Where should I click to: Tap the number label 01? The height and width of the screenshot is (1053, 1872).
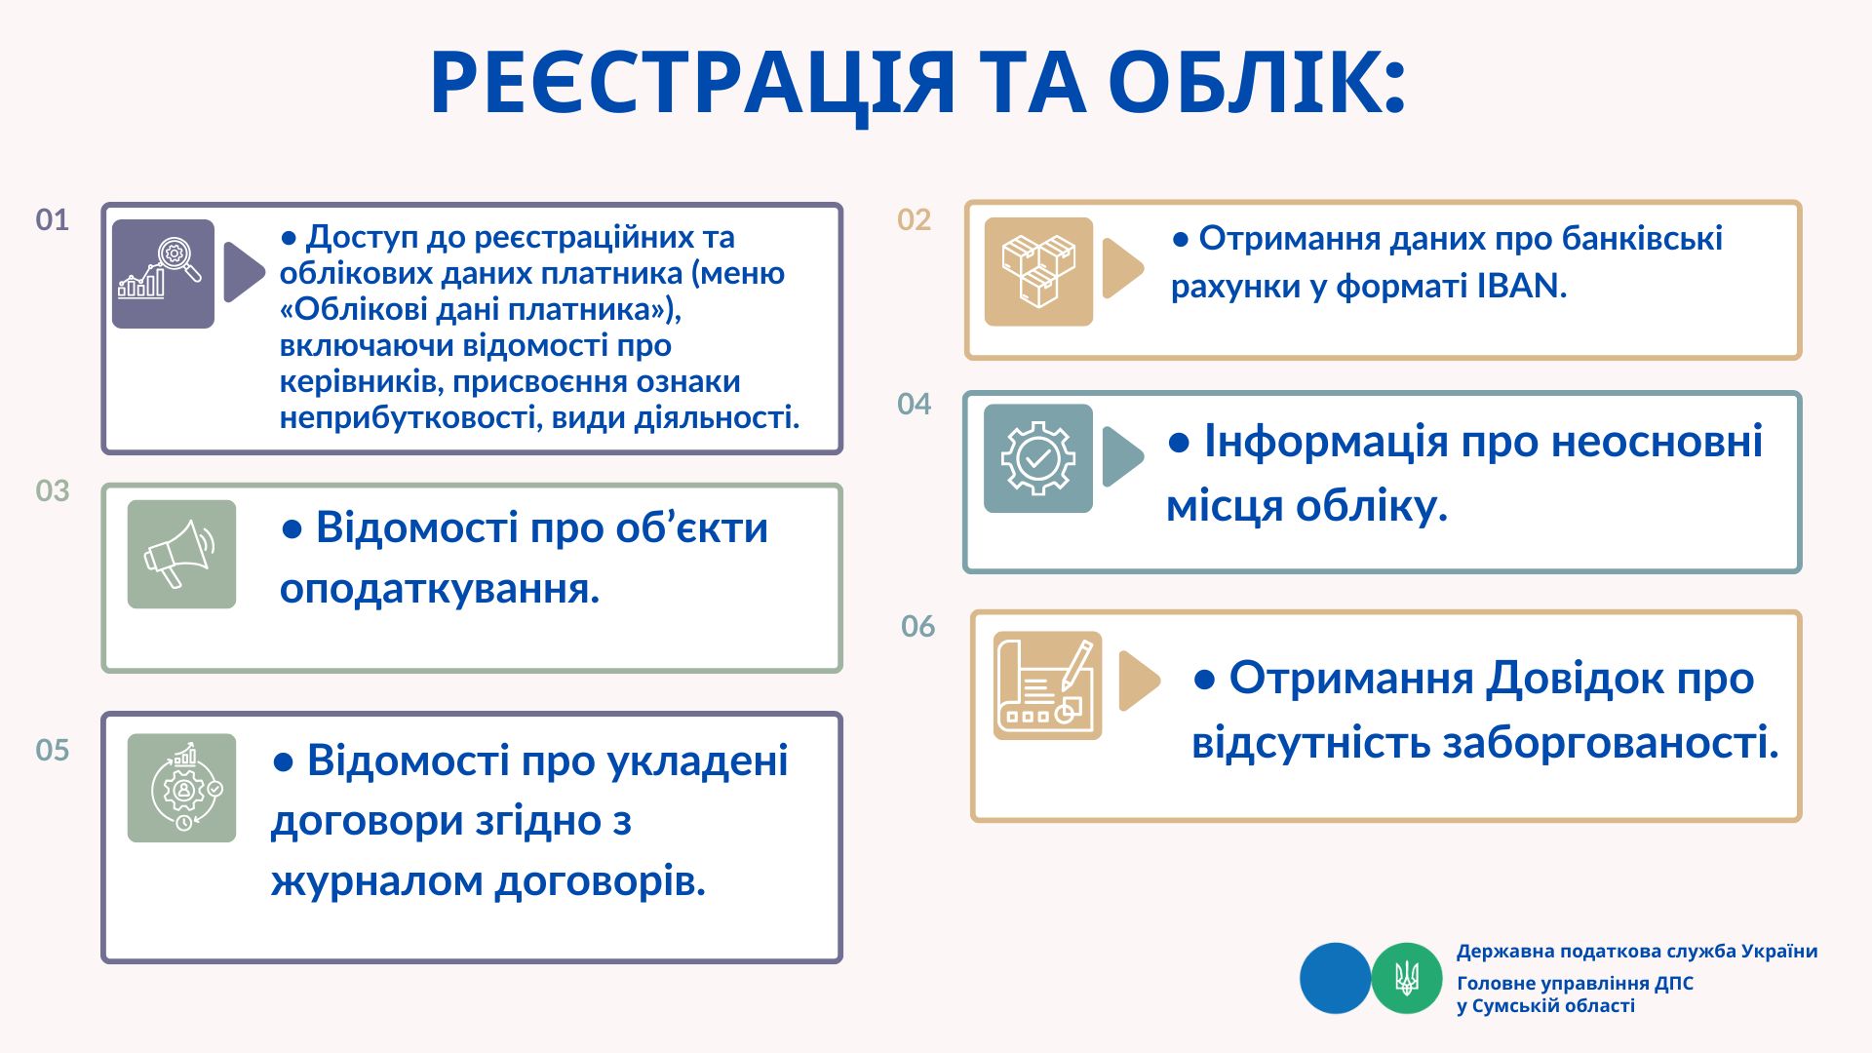53,219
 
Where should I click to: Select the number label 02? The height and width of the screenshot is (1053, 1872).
915,219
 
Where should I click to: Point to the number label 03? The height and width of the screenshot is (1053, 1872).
53,490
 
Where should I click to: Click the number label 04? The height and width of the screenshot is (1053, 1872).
915,404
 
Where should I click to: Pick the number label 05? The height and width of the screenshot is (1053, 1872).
53,750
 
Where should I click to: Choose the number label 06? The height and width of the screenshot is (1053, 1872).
918,626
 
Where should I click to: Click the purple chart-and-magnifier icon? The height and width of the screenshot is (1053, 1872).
163,274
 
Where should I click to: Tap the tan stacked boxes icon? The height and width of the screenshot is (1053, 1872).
1038,272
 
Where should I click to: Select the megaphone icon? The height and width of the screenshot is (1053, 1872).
181,555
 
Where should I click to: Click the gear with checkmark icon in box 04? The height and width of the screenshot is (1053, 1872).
1038,458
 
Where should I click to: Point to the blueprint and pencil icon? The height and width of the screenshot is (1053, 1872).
1047,685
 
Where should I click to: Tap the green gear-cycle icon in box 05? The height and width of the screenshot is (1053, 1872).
181,788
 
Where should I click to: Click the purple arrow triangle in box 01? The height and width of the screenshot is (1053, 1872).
243,272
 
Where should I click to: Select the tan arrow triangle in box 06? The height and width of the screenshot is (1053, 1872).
1138,681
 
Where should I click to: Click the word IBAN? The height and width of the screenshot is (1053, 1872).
1521,286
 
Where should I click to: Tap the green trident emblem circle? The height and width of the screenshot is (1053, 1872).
1407,978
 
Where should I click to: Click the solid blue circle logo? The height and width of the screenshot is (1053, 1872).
1336,978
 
